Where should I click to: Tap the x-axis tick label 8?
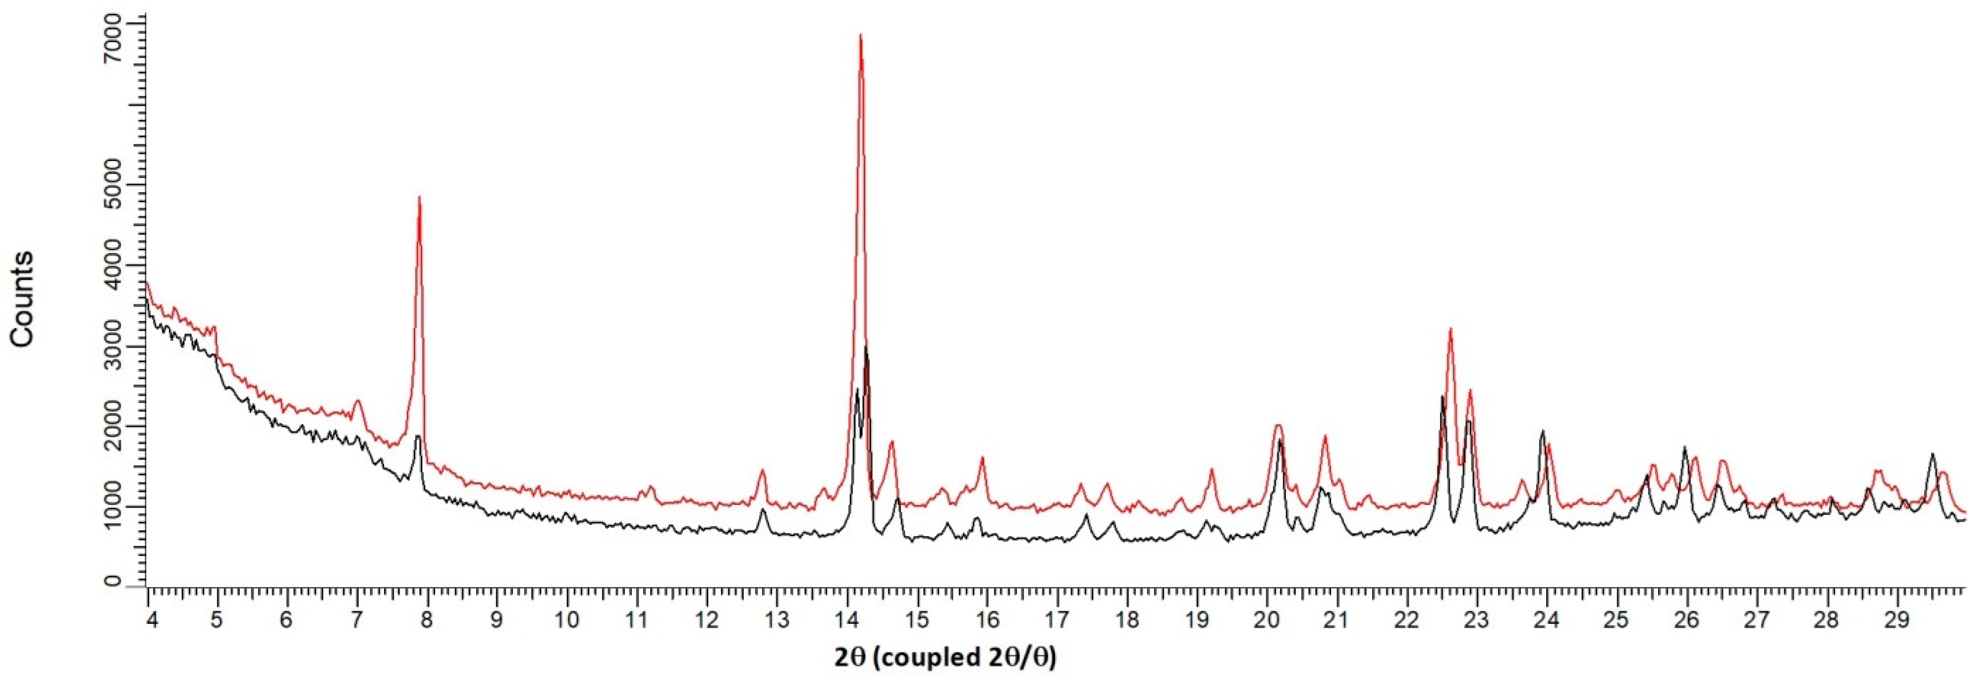pyautogui.click(x=427, y=618)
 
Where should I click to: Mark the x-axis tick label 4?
pyautogui.click(x=152, y=618)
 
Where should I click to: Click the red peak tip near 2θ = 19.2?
pyautogui.click(x=1212, y=469)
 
